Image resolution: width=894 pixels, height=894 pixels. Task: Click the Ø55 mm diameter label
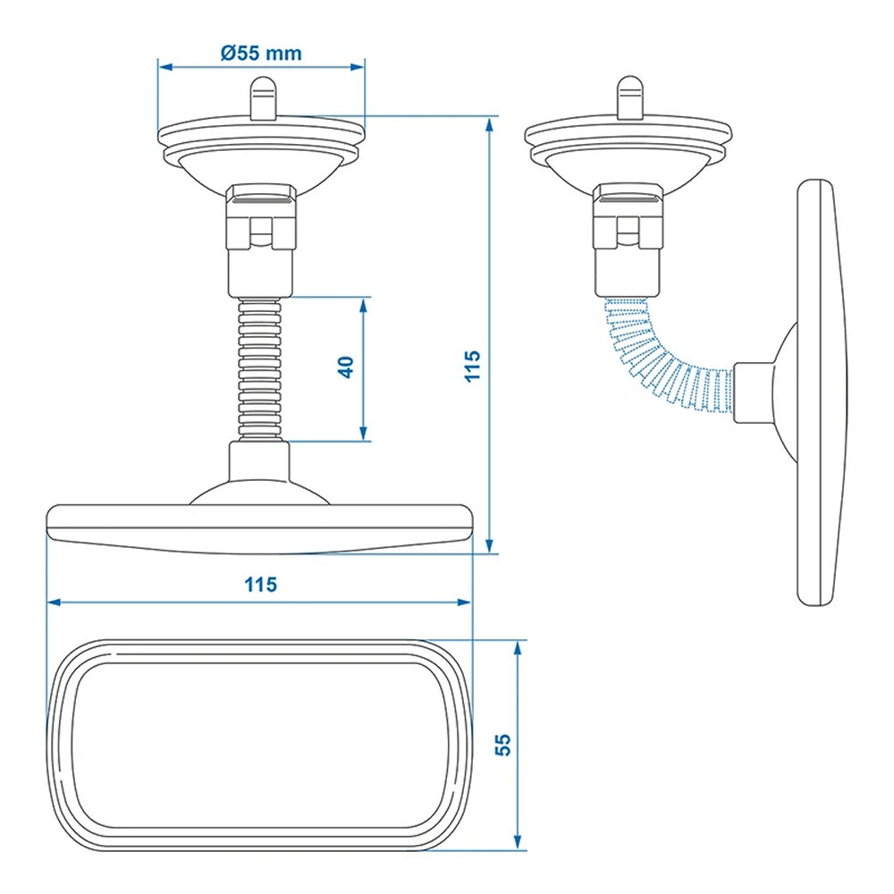[x=261, y=53]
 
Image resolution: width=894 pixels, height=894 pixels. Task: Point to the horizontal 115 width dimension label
[x=260, y=586]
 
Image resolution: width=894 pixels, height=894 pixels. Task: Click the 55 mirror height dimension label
[x=502, y=745]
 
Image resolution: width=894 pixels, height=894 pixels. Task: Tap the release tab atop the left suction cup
[x=262, y=97]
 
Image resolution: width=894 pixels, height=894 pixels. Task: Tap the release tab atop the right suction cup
[x=628, y=97]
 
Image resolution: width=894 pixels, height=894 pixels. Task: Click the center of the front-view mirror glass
[x=259, y=744]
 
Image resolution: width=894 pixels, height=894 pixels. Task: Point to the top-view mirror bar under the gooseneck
[x=259, y=527]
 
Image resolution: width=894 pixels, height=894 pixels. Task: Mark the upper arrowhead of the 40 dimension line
[x=363, y=304]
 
